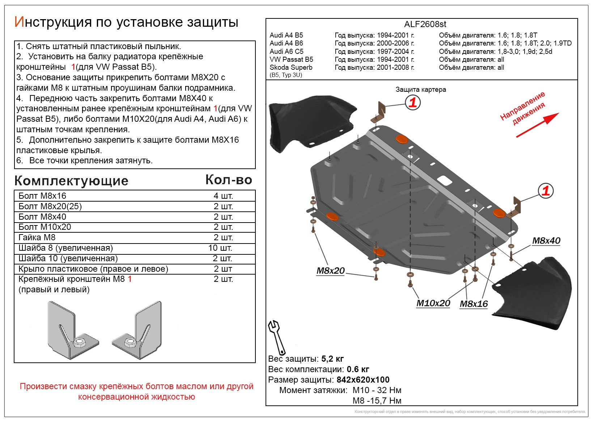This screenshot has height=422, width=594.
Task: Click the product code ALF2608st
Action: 425,24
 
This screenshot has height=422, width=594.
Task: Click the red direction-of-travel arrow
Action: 537,125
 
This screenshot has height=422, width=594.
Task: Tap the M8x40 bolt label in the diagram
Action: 546,241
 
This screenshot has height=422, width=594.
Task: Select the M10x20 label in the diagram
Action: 433,303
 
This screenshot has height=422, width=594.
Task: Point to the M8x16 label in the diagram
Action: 474,304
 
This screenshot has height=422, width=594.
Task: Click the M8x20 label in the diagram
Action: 330,271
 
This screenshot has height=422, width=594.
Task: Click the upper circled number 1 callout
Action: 413,103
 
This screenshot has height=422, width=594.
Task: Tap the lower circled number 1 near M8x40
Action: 546,190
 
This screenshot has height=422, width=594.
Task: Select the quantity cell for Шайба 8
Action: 220,248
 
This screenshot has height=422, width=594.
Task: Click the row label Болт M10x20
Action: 45,227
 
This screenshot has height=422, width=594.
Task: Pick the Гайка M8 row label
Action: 37,237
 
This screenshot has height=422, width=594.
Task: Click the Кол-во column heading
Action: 228,180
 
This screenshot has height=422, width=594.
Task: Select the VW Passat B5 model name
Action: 291,59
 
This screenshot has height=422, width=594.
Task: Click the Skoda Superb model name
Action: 291,67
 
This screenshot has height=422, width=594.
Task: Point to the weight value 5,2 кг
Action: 332,359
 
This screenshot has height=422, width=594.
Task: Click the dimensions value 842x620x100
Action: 362,380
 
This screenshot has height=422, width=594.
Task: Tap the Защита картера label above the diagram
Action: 420,89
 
